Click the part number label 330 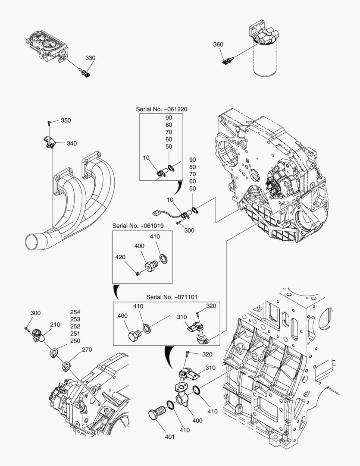coord(90,58)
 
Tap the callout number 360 coord(219,44)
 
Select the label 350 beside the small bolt coord(66,120)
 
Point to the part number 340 coord(72,143)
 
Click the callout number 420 coord(120,257)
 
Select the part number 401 coord(169,437)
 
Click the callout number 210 coord(55,324)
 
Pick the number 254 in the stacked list coord(75,312)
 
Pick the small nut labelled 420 coord(137,272)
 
